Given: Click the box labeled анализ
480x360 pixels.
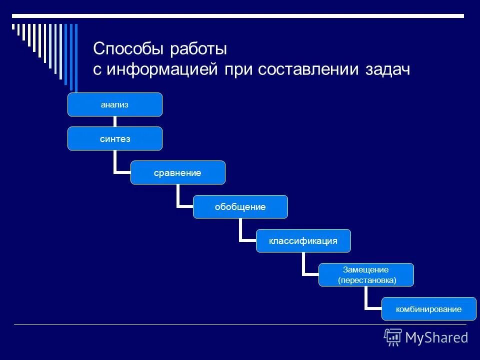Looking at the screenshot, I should (115, 104).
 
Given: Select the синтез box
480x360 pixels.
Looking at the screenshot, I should (115, 138).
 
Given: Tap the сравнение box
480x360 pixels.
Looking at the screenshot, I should (178, 172).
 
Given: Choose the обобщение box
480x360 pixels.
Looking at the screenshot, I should (240, 206).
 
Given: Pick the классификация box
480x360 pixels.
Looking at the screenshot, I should (303, 240).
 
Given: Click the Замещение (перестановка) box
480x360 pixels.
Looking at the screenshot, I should (366, 274).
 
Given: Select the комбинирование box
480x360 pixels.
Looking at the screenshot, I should (429, 308).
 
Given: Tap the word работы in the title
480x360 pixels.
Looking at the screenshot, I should (198, 49).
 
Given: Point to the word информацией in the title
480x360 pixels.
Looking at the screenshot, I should (161, 69).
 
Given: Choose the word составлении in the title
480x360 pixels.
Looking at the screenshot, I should (306, 69).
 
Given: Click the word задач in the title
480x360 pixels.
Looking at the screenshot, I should (385, 69).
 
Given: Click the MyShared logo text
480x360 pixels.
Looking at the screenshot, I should (436, 337).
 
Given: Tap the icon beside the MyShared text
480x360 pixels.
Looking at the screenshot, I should (393, 337).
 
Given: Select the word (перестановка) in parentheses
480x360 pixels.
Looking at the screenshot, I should (366, 280).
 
